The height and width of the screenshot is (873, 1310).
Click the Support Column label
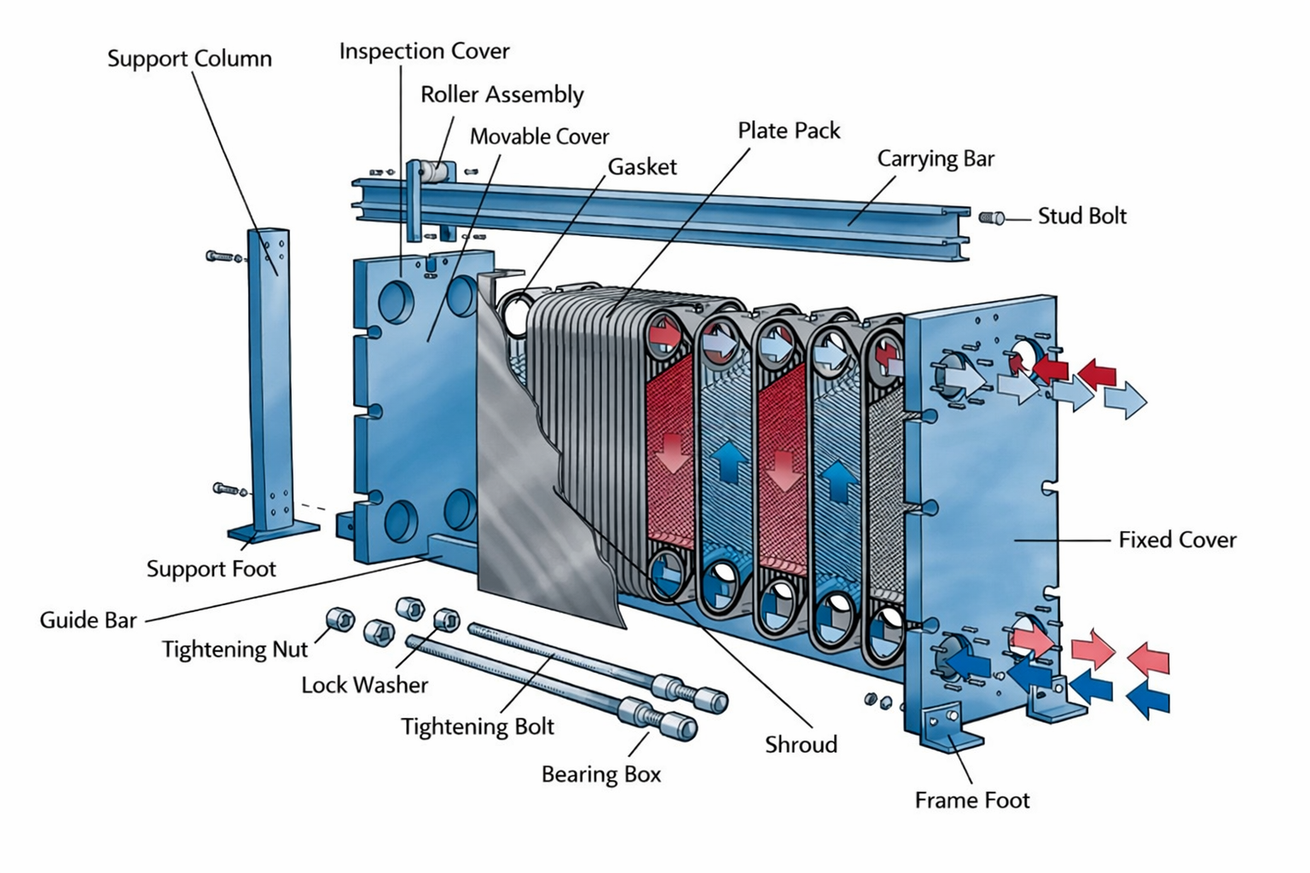pos(189,59)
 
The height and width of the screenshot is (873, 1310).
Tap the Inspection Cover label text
pos(424,51)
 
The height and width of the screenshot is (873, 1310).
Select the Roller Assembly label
pos(501,95)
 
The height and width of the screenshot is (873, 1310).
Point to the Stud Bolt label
pos(1081,217)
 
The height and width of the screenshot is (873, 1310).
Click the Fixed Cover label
pos(1177,540)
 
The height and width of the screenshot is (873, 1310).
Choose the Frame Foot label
pos(971,801)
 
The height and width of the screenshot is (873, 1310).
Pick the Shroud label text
pos(801,745)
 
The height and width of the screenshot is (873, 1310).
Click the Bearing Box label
pos(601,774)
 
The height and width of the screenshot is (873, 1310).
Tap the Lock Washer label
pos(364,685)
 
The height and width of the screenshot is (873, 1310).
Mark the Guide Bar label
pos(88,620)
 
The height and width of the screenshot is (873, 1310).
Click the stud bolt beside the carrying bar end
pos(992,217)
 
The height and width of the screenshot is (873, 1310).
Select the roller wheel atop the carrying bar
pos(436,172)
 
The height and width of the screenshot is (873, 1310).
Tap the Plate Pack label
pos(788,130)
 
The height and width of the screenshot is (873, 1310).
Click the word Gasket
pos(641,167)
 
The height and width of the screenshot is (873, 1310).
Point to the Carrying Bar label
pos(936,159)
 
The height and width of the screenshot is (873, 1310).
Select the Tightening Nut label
pos(235,650)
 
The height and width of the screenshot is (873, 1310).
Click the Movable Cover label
pos(539,136)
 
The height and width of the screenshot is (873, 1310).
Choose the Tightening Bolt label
pos(478,726)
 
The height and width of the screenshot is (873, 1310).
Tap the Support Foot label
pos(211,569)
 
